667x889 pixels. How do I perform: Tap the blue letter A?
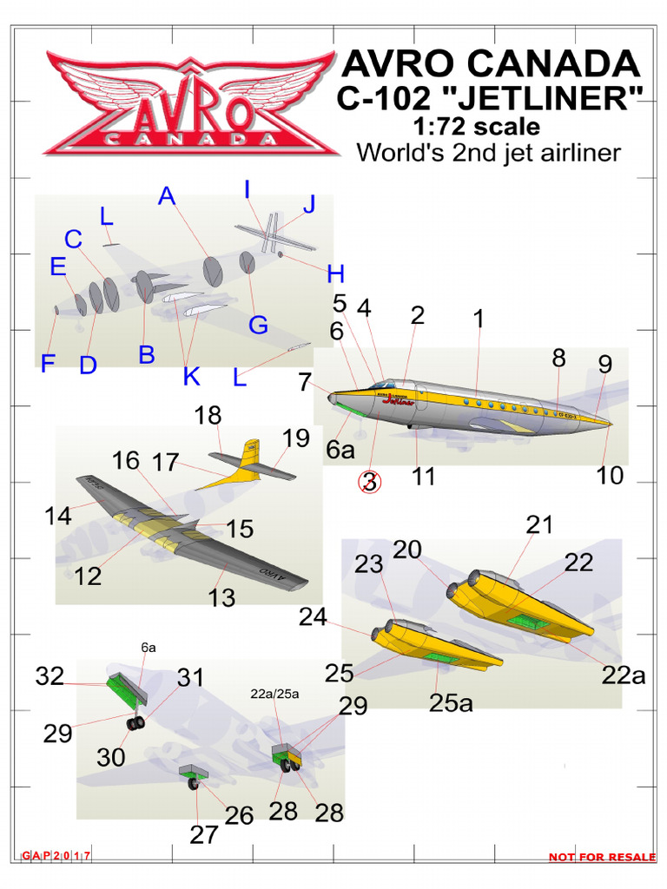click(167, 198)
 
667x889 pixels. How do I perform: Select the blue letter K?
click(192, 377)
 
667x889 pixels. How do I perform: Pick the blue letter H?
click(335, 274)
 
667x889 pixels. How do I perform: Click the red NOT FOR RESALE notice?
click(601, 858)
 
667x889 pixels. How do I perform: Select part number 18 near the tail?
click(208, 415)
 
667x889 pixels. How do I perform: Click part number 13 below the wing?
click(222, 597)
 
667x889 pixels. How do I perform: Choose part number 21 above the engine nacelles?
click(538, 524)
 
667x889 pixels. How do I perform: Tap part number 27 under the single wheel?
click(204, 835)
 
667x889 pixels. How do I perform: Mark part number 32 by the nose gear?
click(50, 676)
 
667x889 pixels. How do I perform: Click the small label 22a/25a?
click(274, 693)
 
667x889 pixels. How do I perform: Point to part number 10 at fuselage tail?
click(611, 475)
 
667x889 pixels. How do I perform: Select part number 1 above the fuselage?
click(478, 319)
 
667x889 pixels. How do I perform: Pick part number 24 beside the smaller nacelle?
click(313, 617)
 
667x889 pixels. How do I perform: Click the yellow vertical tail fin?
click(251, 455)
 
